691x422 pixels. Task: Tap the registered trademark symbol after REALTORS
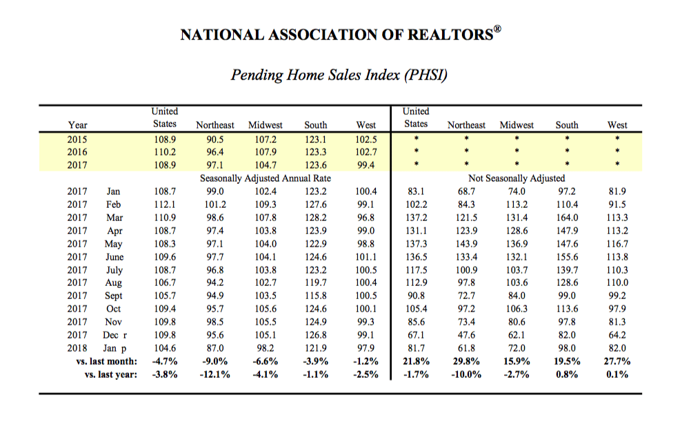497,29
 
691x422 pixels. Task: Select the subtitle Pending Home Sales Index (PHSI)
339,75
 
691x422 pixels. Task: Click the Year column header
77,125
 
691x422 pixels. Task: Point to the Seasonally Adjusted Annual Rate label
266,178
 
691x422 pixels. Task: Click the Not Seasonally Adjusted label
517,178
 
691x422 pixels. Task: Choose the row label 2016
77,152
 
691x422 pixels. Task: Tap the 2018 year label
77,348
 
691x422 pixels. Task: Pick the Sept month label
113,296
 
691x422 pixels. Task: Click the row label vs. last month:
107,361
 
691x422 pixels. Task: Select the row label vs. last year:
111,375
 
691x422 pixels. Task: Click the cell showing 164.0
567,218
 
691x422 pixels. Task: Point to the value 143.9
466,244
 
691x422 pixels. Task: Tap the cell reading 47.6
466,335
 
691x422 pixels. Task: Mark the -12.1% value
216,375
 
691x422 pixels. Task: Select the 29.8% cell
466,361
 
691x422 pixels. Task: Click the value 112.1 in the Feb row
165,205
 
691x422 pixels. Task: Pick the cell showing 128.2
316,218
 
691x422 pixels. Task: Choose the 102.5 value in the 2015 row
366,140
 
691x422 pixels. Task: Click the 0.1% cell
617,375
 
